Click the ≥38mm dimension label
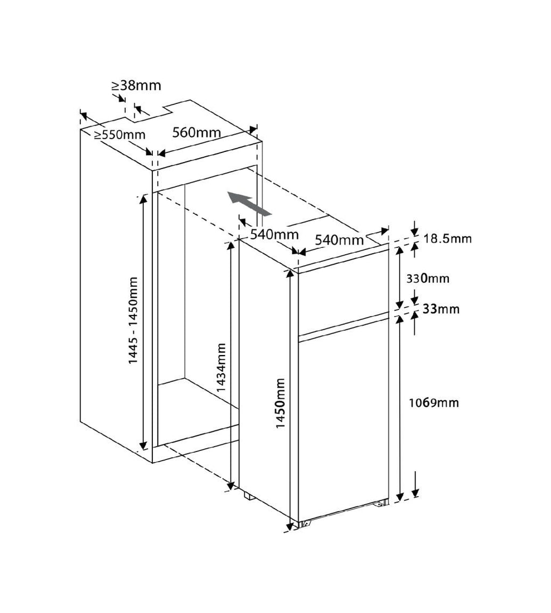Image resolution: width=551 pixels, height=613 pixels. [136, 85]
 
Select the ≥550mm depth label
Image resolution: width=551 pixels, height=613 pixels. [119, 135]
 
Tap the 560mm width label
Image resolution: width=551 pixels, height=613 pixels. [196, 133]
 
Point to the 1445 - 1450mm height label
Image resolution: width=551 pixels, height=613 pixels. [133, 321]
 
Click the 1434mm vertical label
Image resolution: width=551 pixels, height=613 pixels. [221, 367]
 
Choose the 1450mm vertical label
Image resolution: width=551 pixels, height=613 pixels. [280, 403]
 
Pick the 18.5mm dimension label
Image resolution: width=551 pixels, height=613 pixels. [448, 239]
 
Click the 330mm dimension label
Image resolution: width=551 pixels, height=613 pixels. [428, 278]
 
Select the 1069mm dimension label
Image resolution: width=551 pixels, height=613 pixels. [434, 403]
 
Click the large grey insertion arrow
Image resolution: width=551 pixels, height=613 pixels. [249, 204]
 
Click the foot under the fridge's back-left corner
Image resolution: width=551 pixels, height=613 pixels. [249, 496]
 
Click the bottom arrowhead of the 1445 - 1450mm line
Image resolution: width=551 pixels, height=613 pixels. [143, 444]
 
